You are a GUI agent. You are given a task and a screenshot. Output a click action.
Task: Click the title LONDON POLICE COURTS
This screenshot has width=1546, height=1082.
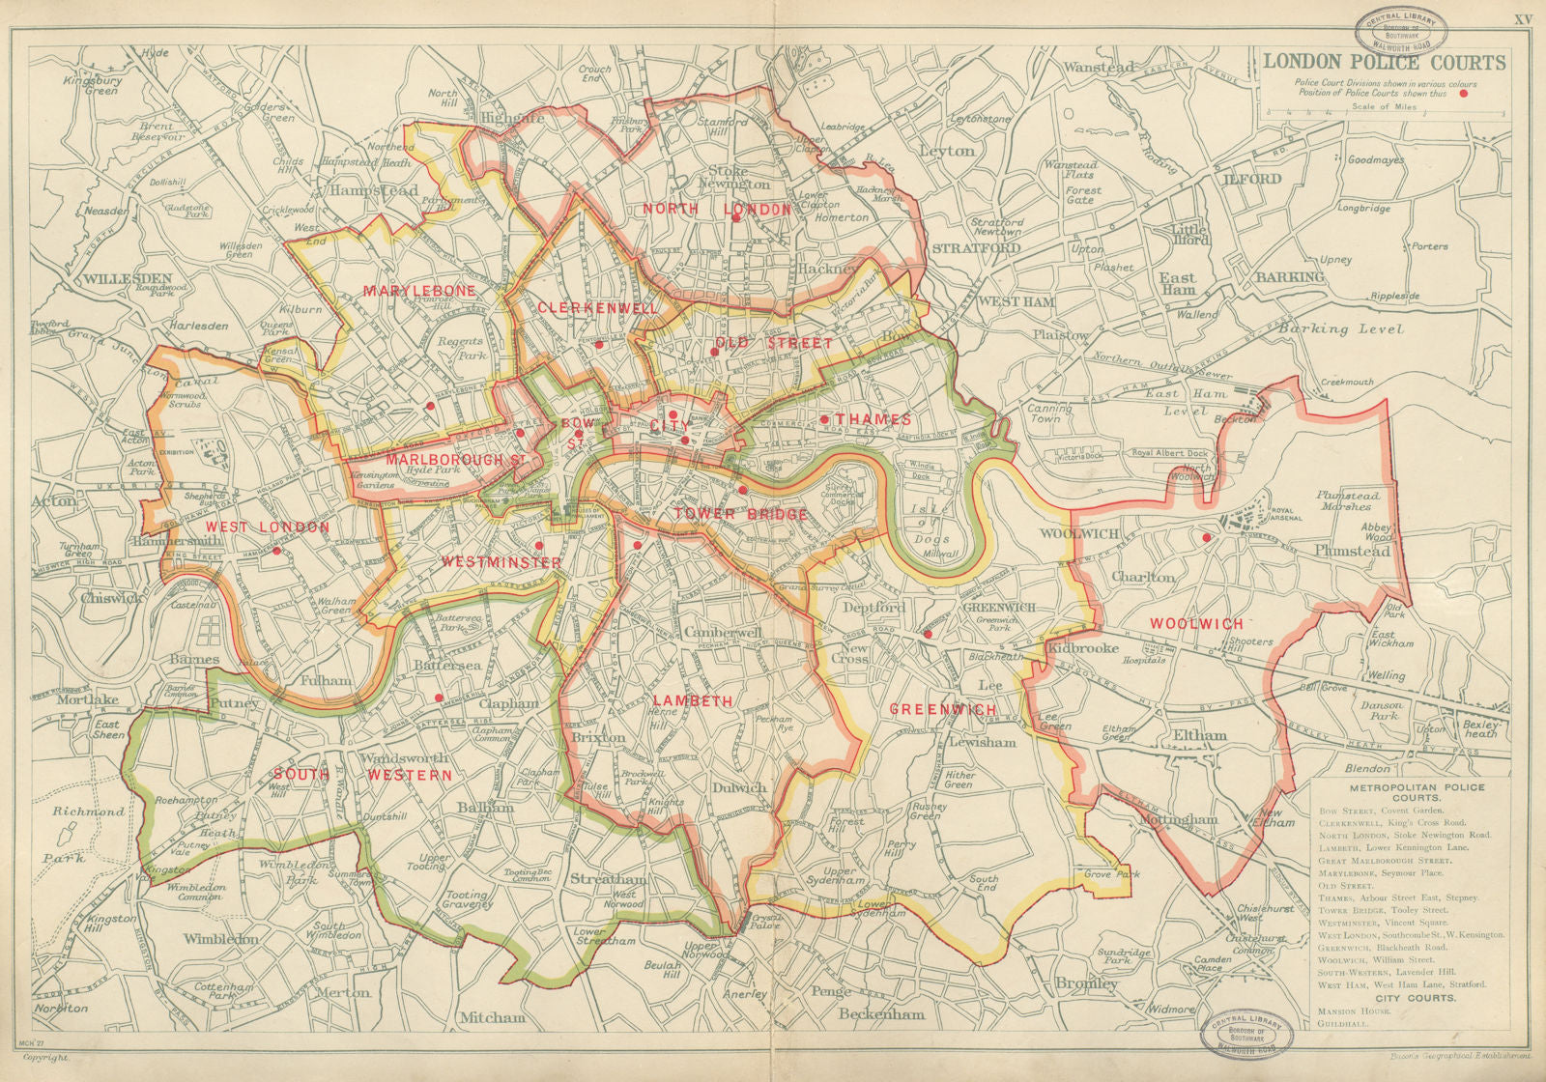coord(1384,63)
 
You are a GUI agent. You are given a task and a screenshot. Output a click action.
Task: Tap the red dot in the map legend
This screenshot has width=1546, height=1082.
coord(1464,94)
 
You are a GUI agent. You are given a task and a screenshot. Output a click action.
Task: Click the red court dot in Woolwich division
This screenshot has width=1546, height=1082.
coord(1206,537)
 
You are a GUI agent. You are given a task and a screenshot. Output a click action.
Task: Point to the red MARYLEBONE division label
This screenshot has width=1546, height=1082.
coord(406,290)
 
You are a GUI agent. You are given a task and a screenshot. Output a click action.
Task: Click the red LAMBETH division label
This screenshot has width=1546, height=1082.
coord(692,700)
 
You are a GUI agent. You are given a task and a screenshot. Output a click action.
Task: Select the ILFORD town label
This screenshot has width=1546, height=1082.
coord(1252,179)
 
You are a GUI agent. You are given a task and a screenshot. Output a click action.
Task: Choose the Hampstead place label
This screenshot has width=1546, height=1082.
coord(373,191)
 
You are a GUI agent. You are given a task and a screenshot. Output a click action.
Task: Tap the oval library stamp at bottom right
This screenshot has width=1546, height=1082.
coord(1245,1037)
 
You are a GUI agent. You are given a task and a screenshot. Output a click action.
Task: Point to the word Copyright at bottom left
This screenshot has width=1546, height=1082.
coord(48,1059)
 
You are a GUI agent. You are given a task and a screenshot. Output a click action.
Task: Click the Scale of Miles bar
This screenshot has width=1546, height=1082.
coord(1385,115)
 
